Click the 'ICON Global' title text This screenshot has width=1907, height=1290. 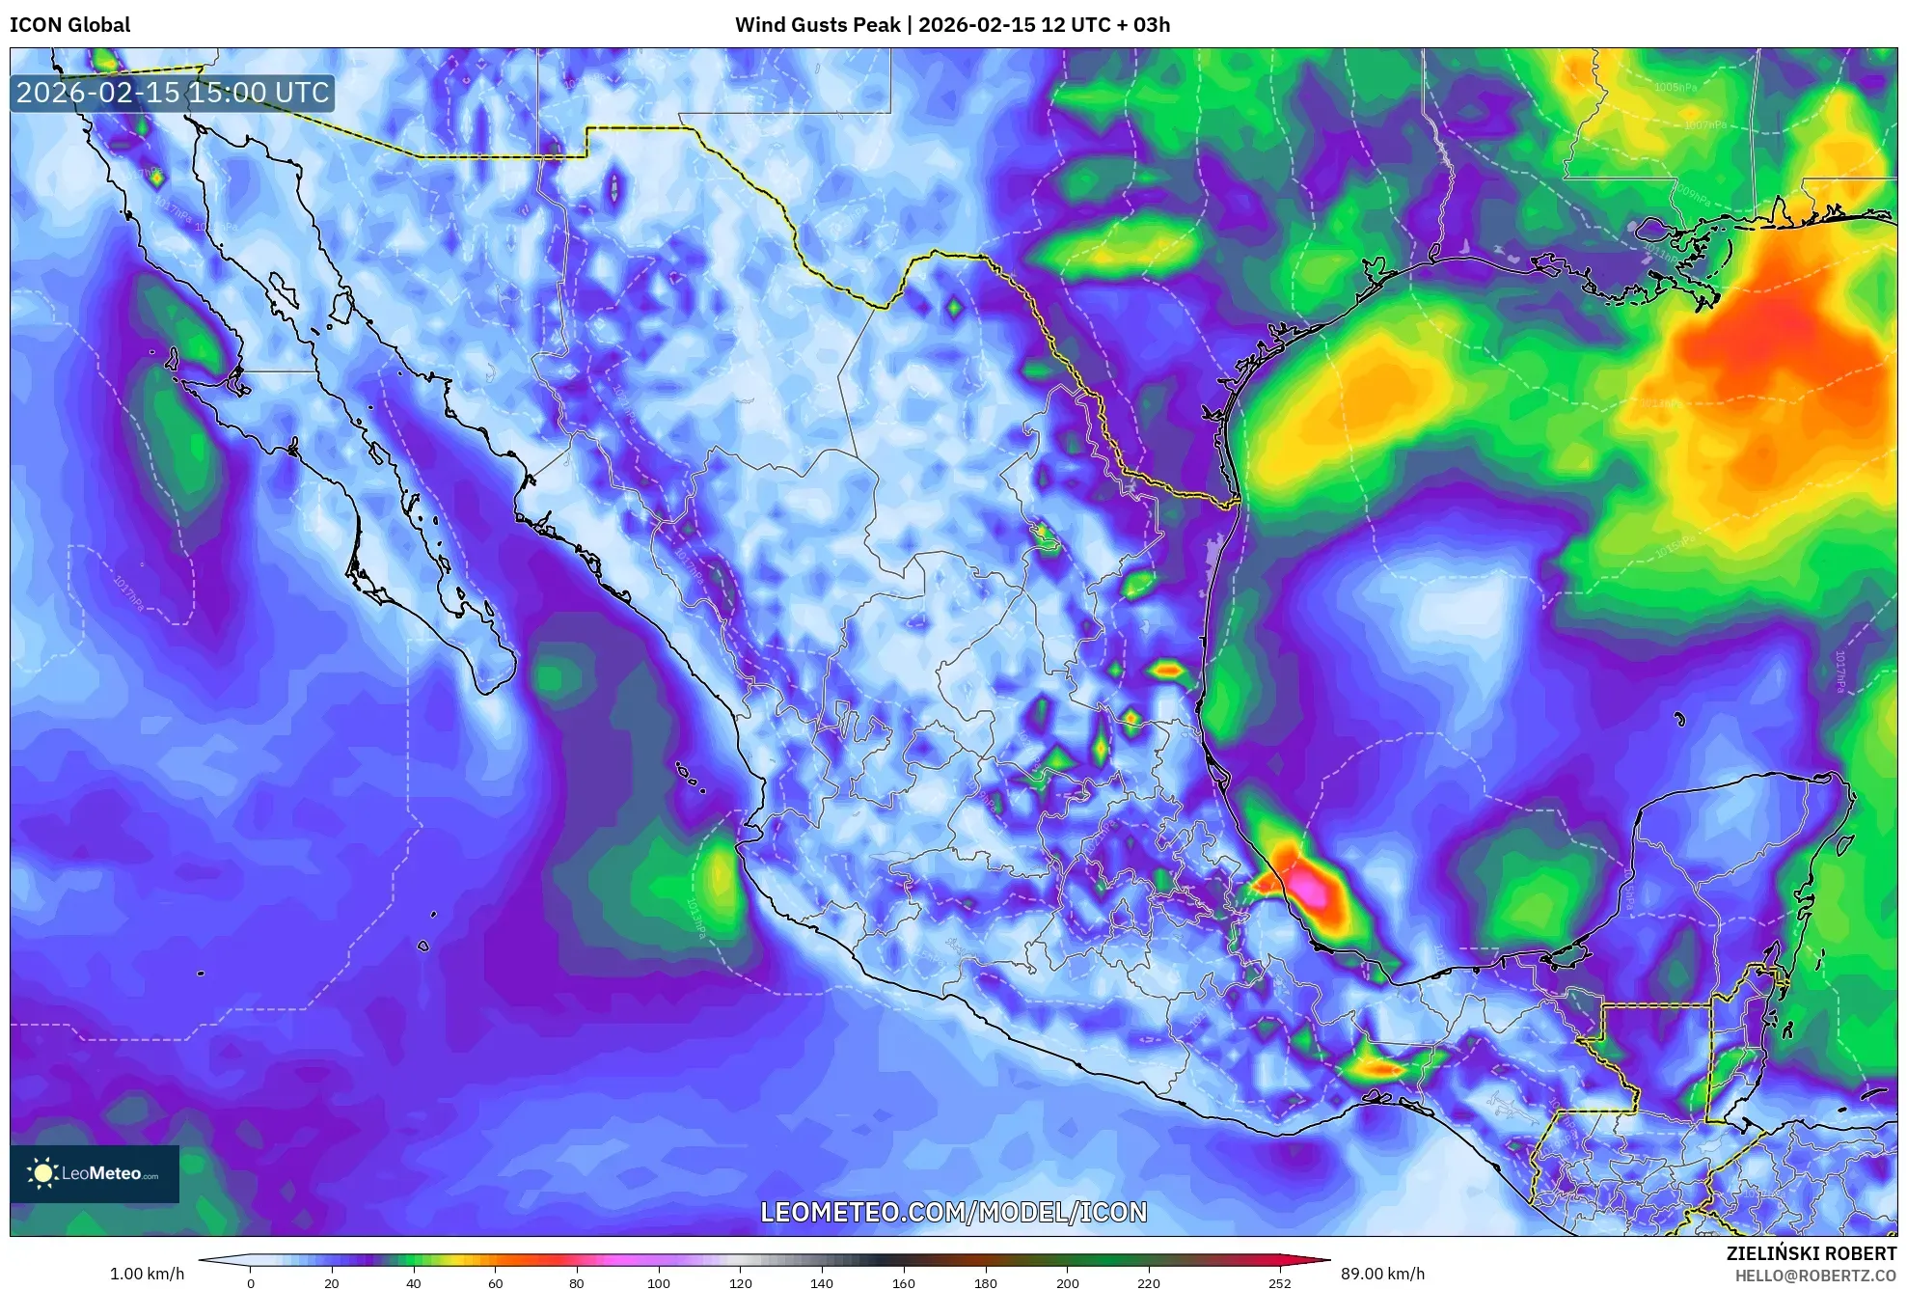click(69, 25)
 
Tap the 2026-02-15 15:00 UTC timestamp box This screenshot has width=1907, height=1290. click(173, 93)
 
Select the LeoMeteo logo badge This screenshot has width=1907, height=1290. click(95, 1173)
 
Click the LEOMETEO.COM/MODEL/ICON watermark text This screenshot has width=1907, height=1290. click(953, 1212)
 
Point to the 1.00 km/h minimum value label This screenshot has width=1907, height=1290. click(147, 1274)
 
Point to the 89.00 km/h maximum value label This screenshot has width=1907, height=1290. click(1382, 1274)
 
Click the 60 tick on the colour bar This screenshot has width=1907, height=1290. click(495, 1282)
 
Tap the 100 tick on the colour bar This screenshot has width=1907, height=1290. click(658, 1282)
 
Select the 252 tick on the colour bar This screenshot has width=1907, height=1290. click(1279, 1282)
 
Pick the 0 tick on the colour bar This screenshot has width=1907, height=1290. click(251, 1282)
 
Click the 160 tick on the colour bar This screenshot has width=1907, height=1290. click(903, 1282)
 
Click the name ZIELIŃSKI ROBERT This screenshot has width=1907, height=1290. click(1811, 1253)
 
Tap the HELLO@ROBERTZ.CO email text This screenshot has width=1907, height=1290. click(1815, 1276)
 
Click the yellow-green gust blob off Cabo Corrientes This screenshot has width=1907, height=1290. click(720, 878)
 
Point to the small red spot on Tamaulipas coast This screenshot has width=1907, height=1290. click(1168, 670)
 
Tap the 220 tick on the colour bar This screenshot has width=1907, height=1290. click(1148, 1282)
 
